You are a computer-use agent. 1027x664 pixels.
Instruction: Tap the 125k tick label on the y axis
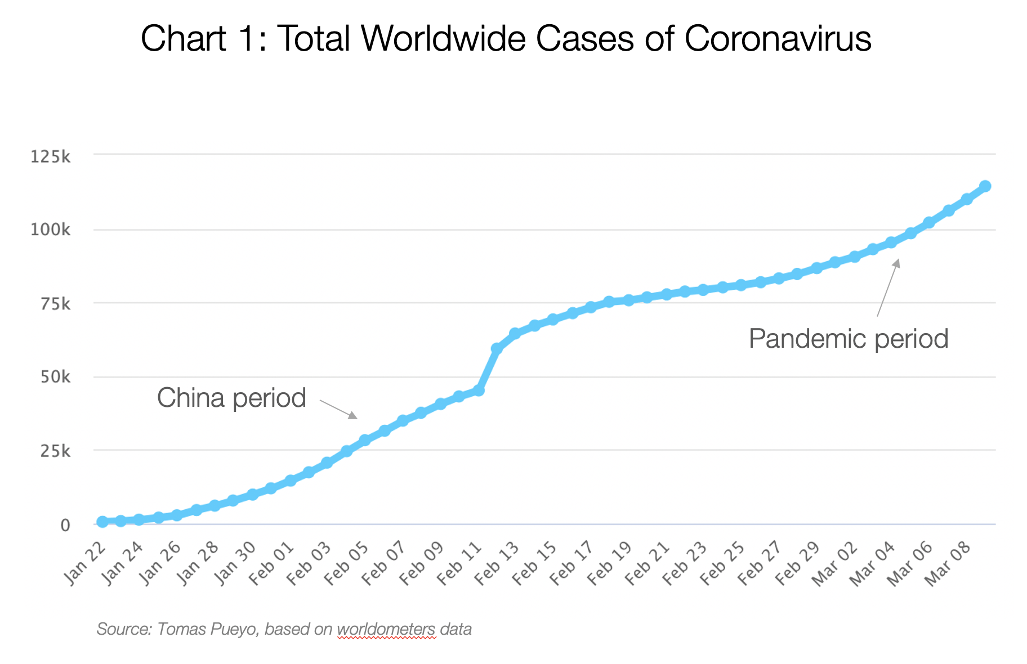(50, 156)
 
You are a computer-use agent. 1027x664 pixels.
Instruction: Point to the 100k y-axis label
(50, 230)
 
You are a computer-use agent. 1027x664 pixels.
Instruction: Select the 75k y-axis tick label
(54, 304)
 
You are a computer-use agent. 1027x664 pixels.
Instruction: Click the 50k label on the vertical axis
(54, 377)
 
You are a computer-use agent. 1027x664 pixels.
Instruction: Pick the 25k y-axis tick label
(54, 451)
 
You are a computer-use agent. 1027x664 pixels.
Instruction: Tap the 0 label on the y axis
(65, 525)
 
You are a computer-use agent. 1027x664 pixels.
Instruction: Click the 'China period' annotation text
(231, 398)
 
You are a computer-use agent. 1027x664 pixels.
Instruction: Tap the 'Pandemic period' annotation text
(848, 339)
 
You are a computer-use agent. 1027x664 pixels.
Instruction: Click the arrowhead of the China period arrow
(353, 416)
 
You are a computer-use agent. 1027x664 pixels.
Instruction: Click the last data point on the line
(985, 186)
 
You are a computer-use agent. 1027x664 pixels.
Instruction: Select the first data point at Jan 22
(102, 522)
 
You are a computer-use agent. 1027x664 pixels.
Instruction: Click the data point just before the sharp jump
(478, 390)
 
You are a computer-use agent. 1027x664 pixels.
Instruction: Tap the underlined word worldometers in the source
(386, 629)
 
